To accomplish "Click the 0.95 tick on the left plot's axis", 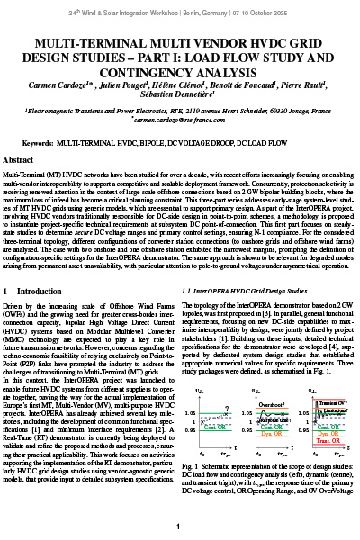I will tap(190, 405).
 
